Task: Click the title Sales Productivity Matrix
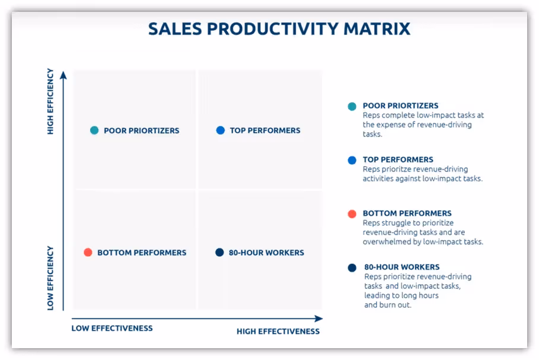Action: click(279, 29)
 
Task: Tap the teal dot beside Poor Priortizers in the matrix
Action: click(94, 130)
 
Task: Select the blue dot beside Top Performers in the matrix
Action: click(221, 130)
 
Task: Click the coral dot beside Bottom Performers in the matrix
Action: click(88, 253)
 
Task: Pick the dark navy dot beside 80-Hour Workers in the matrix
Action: click(219, 253)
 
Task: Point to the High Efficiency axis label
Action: click(50, 101)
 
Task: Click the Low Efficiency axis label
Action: click(50, 278)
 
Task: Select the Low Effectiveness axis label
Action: click(112, 328)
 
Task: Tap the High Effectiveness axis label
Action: click(278, 332)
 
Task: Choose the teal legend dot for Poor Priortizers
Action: click(352, 107)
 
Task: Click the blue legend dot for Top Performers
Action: click(352, 160)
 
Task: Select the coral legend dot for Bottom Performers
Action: click(352, 214)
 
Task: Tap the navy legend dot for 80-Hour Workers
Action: click(352, 268)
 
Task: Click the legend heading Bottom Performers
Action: click(407, 214)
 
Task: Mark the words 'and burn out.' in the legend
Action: click(388, 305)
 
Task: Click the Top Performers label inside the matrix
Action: click(265, 130)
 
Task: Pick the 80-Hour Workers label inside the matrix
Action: click(266, 253)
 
